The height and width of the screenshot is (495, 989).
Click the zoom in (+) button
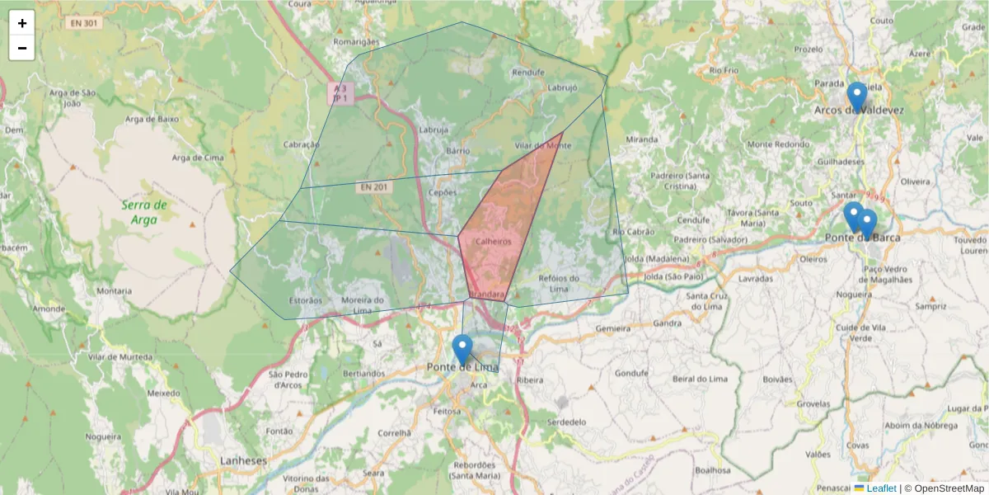[22, 23]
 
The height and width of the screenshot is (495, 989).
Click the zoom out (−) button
[22, 48]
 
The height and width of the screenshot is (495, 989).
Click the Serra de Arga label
[144, 212]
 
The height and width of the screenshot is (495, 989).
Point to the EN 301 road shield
[84, 23]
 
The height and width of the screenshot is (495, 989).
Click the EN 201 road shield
[374, 187]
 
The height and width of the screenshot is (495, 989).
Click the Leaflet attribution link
[881, 488]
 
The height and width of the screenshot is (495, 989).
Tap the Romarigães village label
[356, 41]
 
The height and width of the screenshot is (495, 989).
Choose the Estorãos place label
[306, 300]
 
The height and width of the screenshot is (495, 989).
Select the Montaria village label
[114, 291]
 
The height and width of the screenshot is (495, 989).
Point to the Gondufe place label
[633, 373]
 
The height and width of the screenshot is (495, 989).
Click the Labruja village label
[434, 130]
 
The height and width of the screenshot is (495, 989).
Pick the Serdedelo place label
[567, 422]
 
